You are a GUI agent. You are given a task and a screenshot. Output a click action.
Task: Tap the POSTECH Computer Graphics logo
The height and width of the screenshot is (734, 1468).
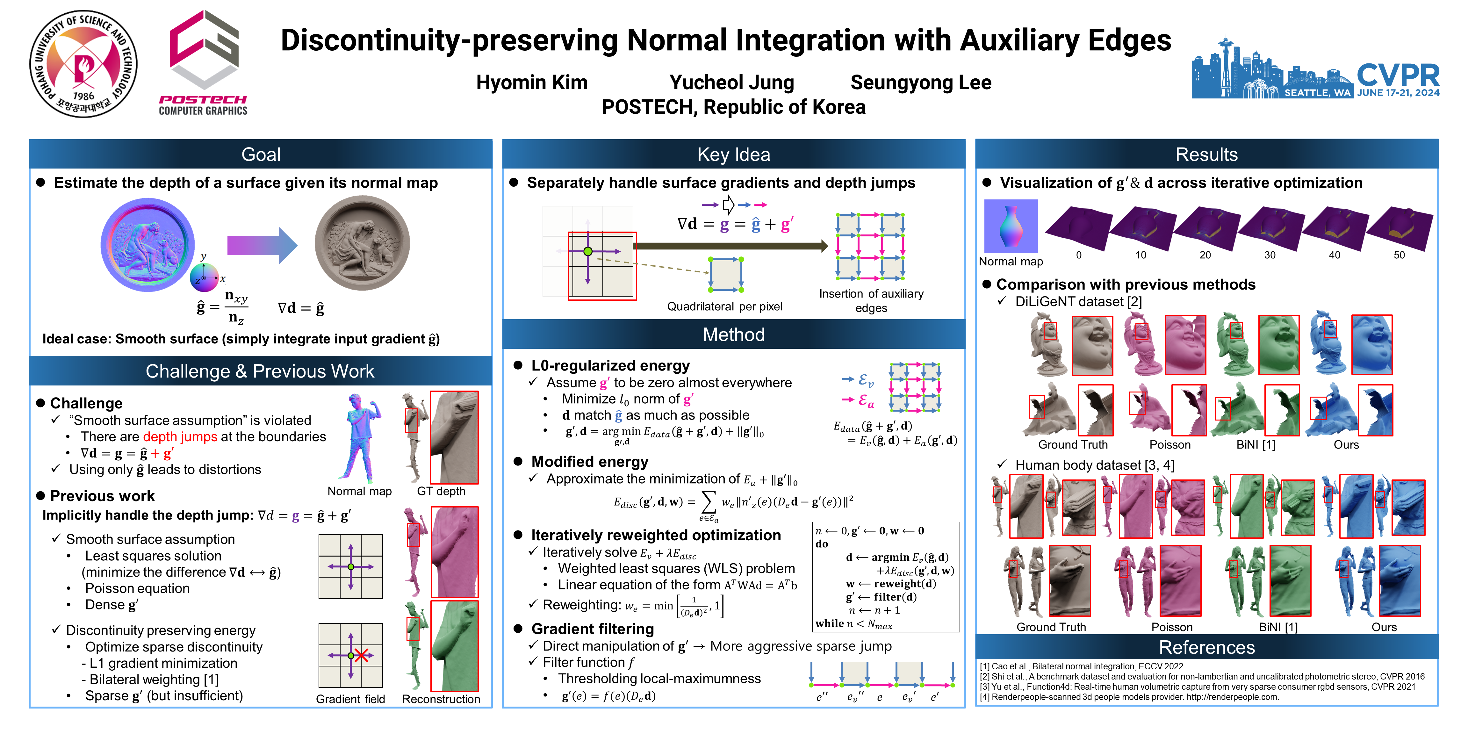click(x=204, y=63)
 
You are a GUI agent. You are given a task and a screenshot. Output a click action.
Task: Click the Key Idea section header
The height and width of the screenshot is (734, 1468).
click(x=733, y=155)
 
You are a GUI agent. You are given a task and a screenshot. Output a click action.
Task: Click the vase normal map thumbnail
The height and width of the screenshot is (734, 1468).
click(x=1011, y=226)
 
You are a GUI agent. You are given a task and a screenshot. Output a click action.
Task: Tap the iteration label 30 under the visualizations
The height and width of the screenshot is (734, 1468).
click(x=1270, y=255)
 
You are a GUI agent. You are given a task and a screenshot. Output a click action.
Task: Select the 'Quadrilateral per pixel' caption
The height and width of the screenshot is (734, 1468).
click(x=724, y=306)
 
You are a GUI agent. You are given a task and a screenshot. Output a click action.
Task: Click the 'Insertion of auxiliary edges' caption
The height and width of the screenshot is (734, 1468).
click(x=871, y=301)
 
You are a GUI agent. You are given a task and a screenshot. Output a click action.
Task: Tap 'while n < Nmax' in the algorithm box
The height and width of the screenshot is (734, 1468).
click(x=853, y=624)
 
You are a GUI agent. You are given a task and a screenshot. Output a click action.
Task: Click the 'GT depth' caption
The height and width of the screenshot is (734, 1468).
click(x=441, y=491)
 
